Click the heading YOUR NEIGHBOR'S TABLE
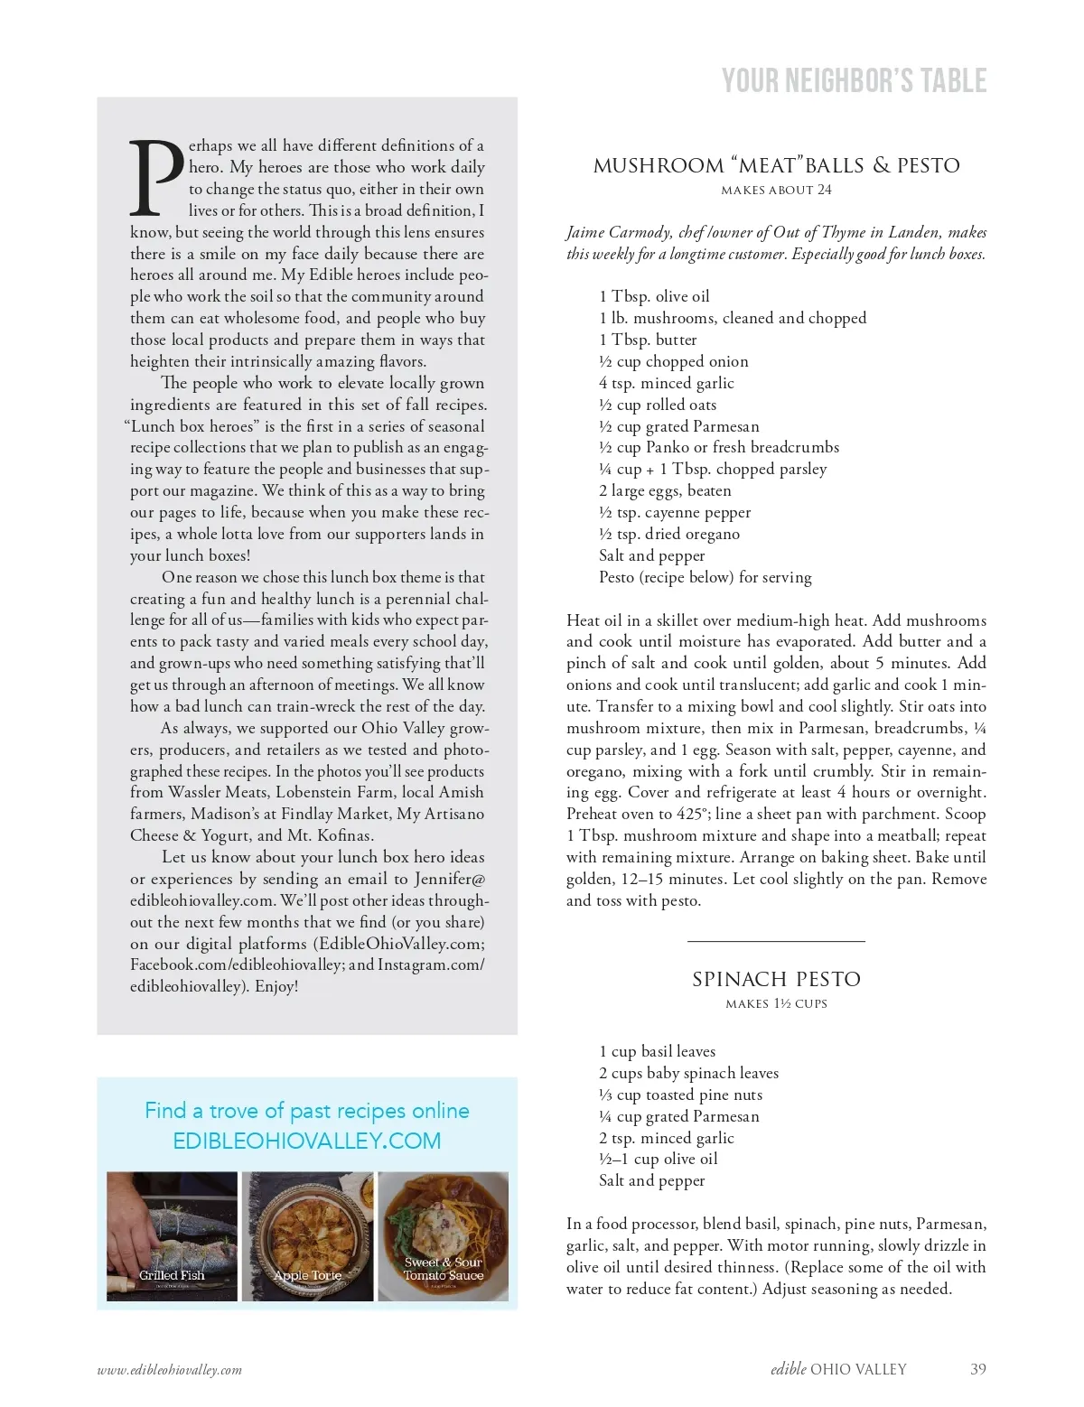point(854,81)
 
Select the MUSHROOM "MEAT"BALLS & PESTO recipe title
point(776,165)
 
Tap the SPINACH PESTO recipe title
point(776,979)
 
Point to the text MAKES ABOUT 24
point(776,190)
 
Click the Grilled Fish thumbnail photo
point(172,1235)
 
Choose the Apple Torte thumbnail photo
point(307,1235)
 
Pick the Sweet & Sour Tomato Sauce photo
point(443,1235)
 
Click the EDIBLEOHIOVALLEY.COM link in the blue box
point(307,1141)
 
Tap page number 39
point(977,1369)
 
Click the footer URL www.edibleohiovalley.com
point(170,1370)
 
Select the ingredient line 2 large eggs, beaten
point(665,490)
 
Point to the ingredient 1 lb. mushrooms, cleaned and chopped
point(732,318)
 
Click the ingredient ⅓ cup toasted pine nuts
point(680,1095)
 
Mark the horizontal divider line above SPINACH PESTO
point(776,941)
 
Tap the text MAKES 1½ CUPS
point(776,1003)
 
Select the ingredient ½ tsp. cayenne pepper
point(674,512)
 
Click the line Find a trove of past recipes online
point(307,1111)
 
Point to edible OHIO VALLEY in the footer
point(838,1369)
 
